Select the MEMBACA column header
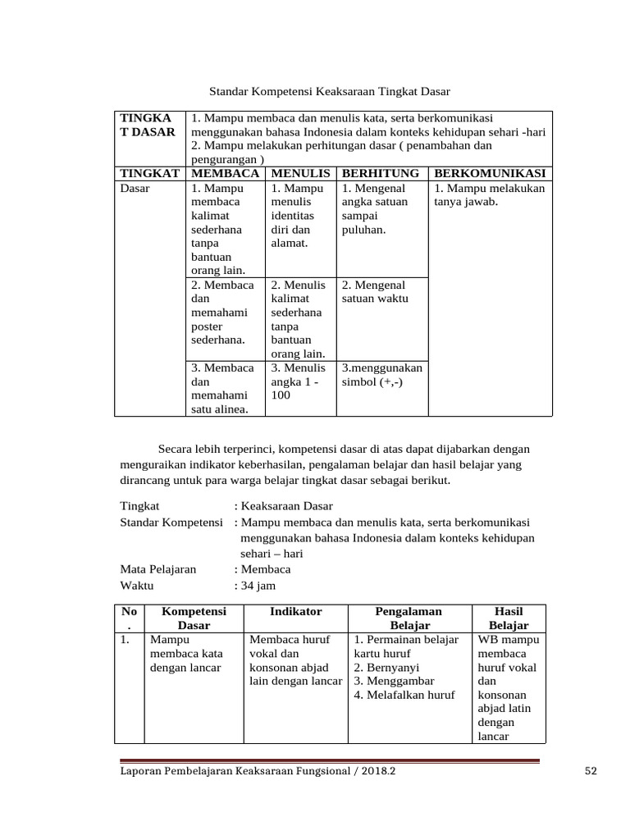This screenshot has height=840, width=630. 225,173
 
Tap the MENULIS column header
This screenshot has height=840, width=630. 300,173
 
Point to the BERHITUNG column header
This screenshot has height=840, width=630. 381,173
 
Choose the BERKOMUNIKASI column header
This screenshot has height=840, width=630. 490,173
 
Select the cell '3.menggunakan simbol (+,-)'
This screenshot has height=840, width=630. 381,375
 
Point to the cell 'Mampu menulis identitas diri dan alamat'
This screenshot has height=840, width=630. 297,216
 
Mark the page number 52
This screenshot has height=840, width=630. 591,771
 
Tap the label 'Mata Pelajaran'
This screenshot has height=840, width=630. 158,569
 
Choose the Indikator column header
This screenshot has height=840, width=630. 296,611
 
